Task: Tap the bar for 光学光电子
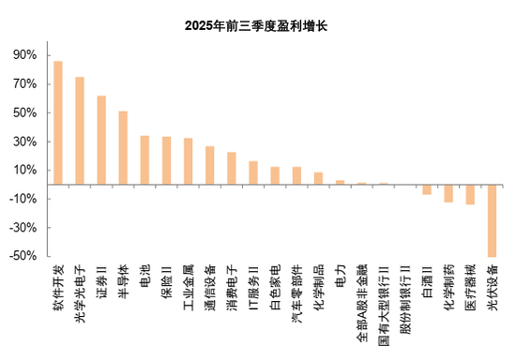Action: coord(80,130)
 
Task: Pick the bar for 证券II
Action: coord(101,140)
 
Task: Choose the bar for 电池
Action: coord(144,160)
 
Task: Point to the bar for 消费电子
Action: coord(231,168)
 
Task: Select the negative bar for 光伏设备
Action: coord(492,220)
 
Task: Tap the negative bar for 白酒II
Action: coord(427,189)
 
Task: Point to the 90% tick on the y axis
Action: coord(26,55)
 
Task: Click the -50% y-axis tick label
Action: coord(23,256)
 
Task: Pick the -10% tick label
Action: coord(23,199)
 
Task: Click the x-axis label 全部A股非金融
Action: coord(361,299)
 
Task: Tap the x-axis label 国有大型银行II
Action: coord(383,301)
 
